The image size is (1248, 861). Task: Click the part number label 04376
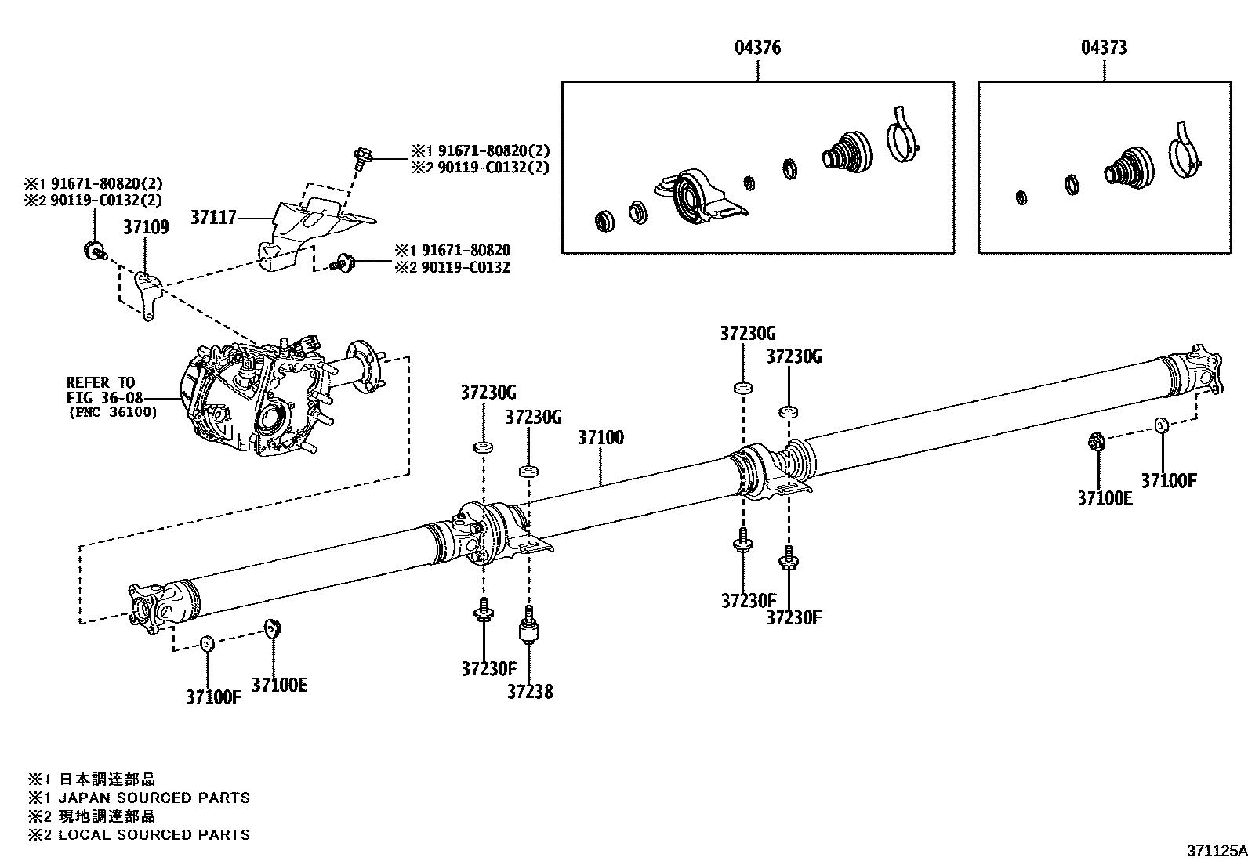click(x=757, y=48)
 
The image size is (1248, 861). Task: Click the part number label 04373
click(x=1104, y=48)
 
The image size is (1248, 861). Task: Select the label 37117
click(x=213, y=217)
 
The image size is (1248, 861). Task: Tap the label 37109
click(x=146, y=227)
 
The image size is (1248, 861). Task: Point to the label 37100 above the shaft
click(x=600, y=438)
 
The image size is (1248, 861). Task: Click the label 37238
click(x=529, y=692)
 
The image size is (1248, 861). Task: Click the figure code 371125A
click(x=1214, y=851)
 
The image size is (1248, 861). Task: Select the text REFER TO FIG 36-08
click(x=101, y=390)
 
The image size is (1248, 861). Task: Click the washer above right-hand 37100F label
click(x=1161, y=425)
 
